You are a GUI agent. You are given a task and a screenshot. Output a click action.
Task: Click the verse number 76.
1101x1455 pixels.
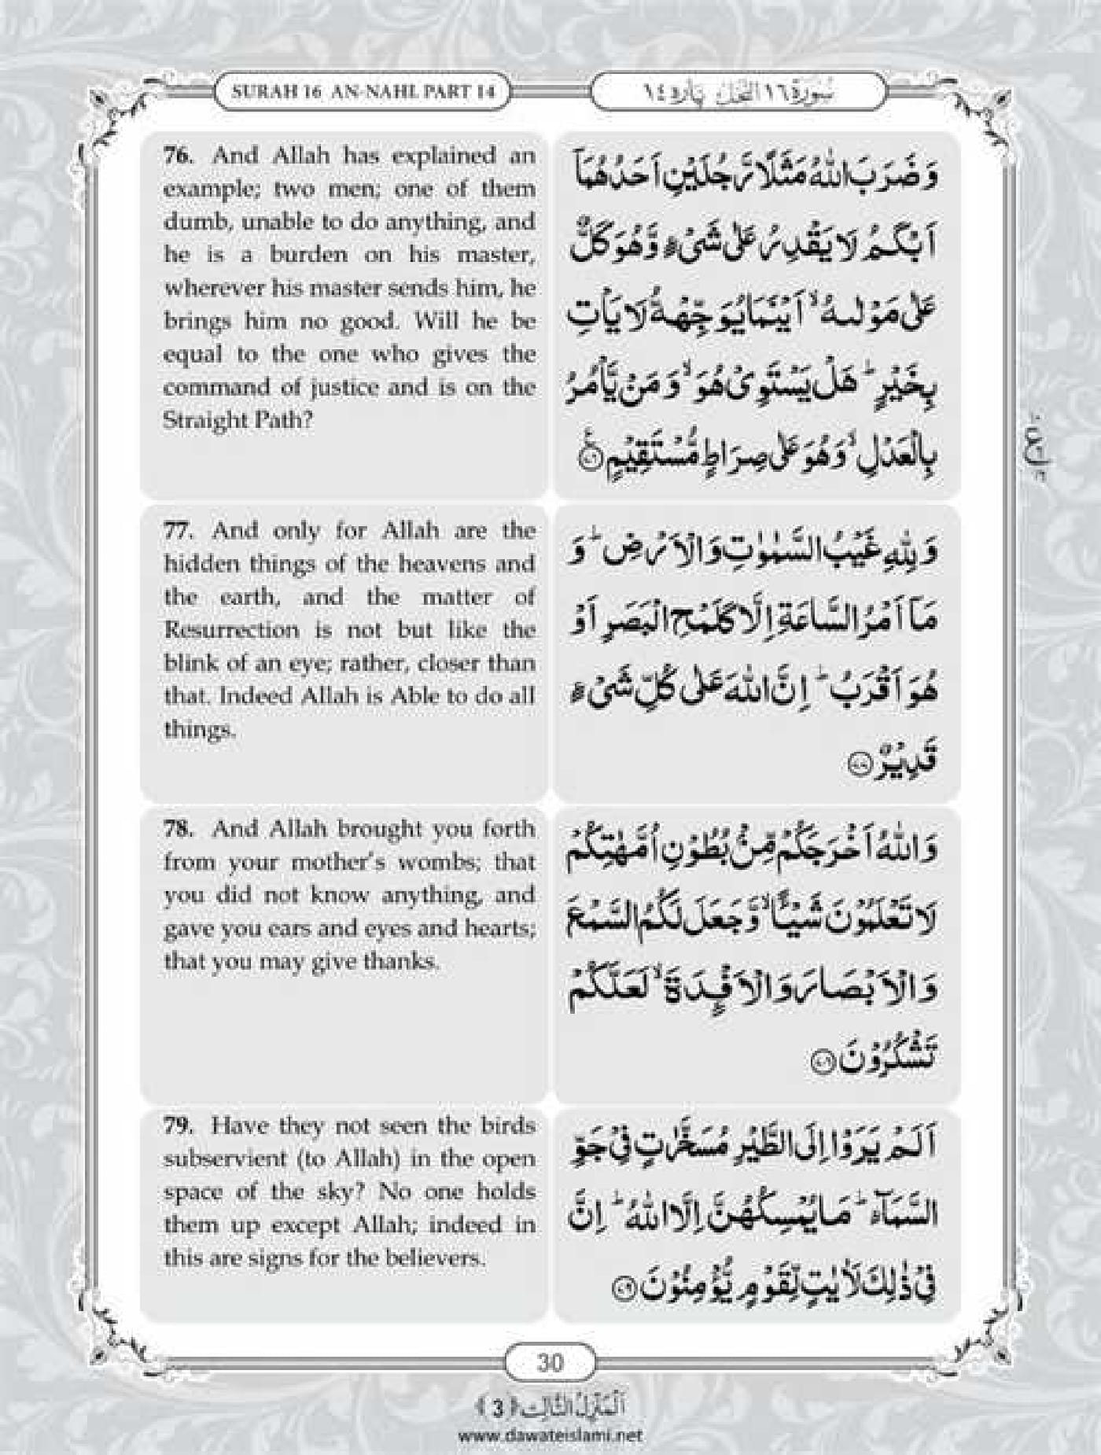coord(177,155)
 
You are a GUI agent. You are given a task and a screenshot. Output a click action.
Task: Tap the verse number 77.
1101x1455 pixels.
coord(177,531)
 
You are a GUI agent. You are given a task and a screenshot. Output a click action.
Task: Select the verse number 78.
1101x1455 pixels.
coord(177,829)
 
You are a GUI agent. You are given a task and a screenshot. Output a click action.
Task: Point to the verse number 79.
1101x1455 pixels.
coord(177,1125)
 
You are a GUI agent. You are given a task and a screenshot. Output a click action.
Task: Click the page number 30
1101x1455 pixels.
coord(550,1360)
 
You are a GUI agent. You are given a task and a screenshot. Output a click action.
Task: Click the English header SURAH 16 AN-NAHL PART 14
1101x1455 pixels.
coord(363,91)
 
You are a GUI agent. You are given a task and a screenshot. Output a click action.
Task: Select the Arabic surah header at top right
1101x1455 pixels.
coord(738,91)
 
